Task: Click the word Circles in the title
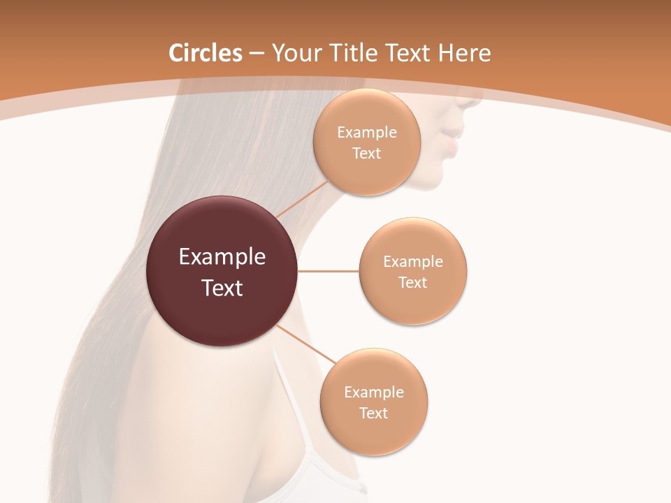point(205,53)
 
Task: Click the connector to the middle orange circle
point(328,271)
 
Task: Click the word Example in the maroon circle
point(222,257)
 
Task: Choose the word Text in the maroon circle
point(222,288)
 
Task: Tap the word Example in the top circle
point(367,133)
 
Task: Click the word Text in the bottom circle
point(373,413)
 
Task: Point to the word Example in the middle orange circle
point(413,262)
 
